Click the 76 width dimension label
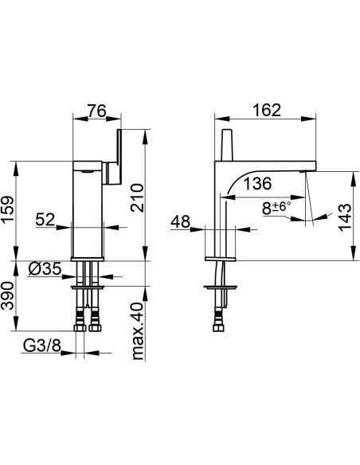pyautogui.click(x=96, y=111)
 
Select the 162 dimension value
pyautogui.click(x=267, y=111)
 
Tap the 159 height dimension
pyautogui.click(x=8, y=209)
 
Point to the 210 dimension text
pyautogui.click(x=137, y=197)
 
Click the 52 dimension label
pyautogui.click(x=45, y=220)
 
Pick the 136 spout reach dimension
pyautogui.click(x=257, y=184)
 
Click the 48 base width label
pyautogui.click(x=180, y=221)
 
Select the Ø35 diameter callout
pyautogui.click(x=45, y=269)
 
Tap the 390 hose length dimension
pyautogui.click(x=8, y=296)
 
